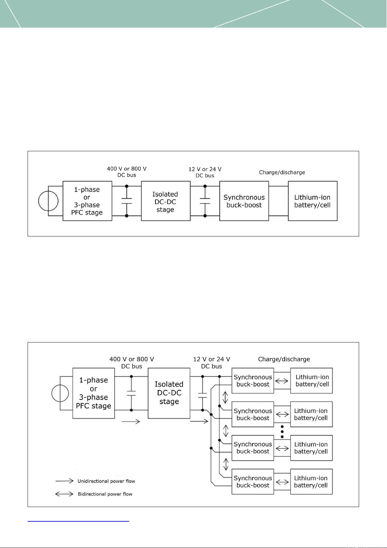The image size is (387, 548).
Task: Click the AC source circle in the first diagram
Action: coord(39,201)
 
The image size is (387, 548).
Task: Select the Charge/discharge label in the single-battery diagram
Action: coord(282,172)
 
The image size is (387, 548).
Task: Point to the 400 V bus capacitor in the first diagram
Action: coord(127,201)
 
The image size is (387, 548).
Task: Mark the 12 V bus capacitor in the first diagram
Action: coord(205,201)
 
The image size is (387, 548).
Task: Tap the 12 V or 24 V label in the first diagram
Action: coord(205,169)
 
